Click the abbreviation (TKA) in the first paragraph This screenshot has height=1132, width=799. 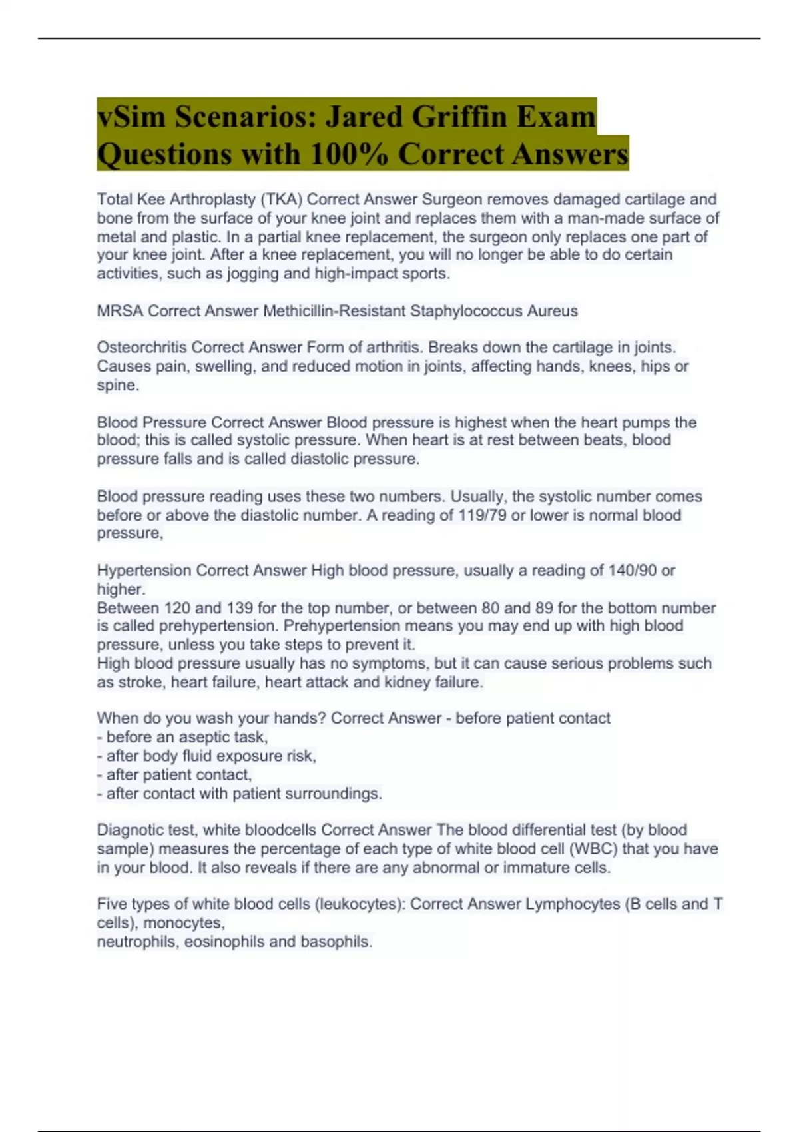pos(281,199)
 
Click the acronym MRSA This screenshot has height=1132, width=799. pos(120,311)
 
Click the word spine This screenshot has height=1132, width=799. pos(117,385)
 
